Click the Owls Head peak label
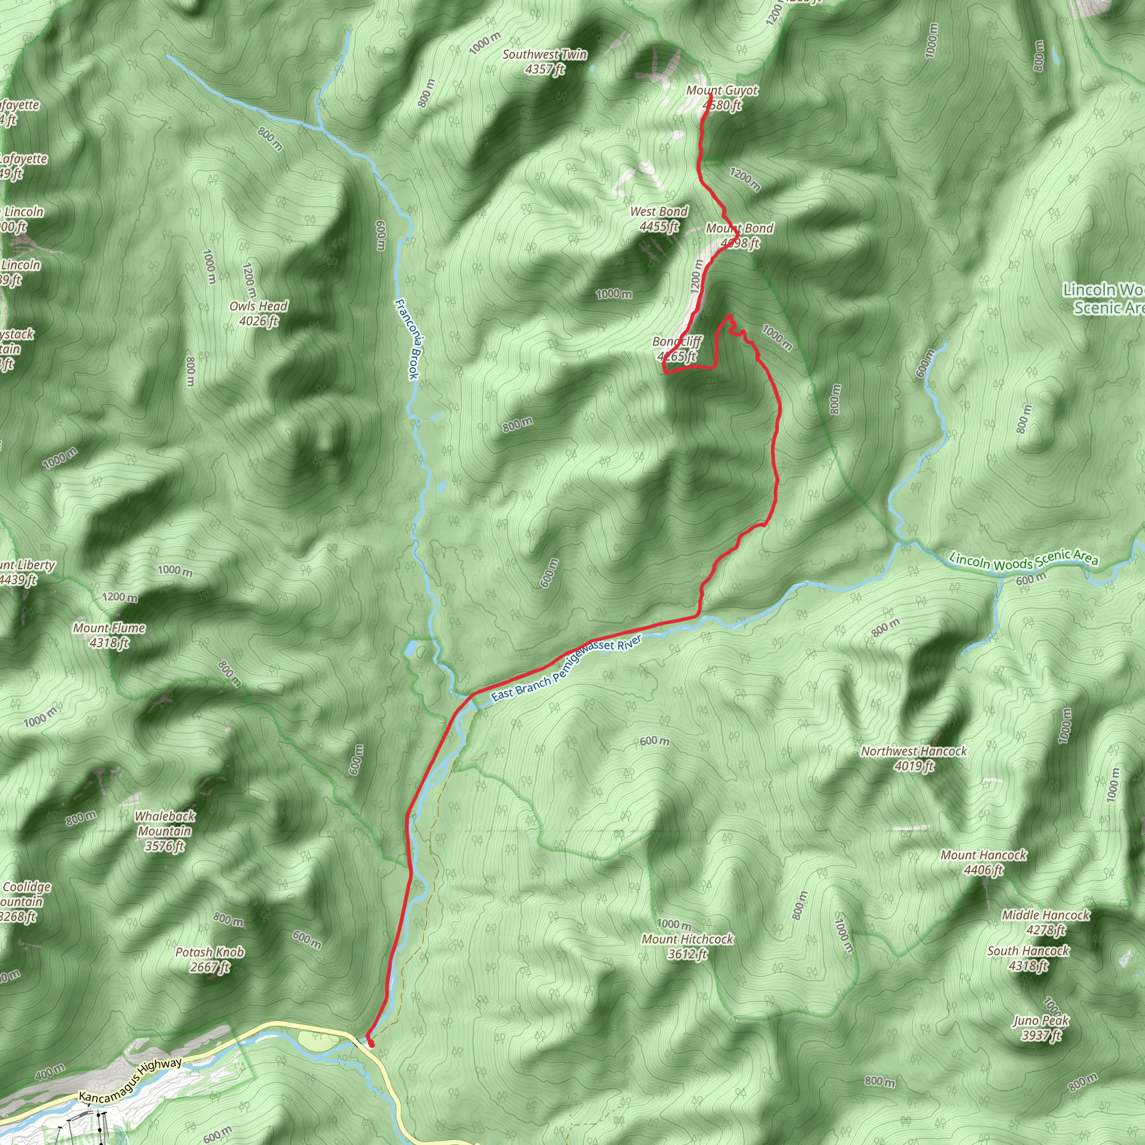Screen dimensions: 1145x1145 258,314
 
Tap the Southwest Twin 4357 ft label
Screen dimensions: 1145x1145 545,61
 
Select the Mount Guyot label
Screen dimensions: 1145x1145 722,98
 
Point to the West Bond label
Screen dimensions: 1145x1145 659,219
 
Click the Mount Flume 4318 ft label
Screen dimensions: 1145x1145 109,635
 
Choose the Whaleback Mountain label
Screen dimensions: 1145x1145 165,830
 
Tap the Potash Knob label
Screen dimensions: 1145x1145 210,959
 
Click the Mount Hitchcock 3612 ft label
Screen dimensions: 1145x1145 688,946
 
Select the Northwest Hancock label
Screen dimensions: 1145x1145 914,758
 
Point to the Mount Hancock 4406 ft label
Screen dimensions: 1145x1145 984,862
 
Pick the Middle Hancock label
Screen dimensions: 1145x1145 1045,921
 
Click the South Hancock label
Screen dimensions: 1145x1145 1028,958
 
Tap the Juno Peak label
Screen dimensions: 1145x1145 1040,1027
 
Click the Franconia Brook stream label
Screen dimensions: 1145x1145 407,338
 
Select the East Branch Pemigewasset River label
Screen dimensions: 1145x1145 566,668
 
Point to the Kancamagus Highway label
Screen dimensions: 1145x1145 130,1079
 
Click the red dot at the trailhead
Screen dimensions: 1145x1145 371,1044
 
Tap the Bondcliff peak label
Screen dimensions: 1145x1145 677,348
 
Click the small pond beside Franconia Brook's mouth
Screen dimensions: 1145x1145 411,648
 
